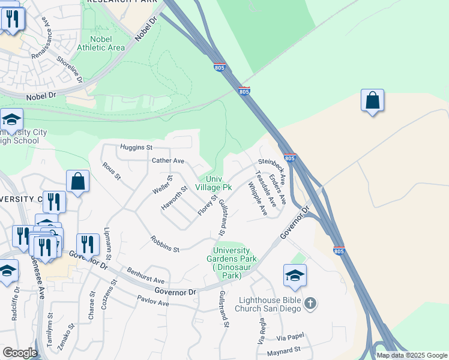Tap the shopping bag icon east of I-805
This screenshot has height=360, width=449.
[x=372, y=101]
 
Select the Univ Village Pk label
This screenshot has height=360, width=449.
[x=210, y=183]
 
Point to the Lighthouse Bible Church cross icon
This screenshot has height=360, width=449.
[x=310, y=303]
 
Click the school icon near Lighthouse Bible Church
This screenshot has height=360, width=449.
[x=295, y=277]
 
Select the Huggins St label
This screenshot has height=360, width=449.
[x=137, y=146]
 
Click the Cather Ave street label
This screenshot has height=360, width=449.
[x=167, y=161]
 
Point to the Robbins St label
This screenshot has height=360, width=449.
[x=166, y=245]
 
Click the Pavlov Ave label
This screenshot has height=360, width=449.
[x=153, y=301]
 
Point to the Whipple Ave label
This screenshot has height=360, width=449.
[x=258, y=199]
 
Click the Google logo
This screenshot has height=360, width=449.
[x=19, y=353]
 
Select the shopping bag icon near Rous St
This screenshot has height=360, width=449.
[x=78, y=182]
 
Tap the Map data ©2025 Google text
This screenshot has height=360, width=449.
[x=411, y=355]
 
